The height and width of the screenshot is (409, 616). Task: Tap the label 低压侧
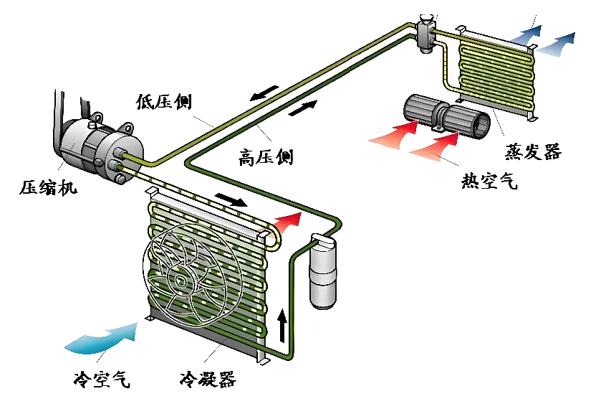pos(163,102)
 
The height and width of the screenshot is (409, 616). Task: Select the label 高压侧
pos(265,156)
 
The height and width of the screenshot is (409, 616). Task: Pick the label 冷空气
pos(102,378)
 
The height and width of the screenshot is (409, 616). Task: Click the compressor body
pos(97,147)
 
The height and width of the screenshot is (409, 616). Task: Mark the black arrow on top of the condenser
pos(231,198)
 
